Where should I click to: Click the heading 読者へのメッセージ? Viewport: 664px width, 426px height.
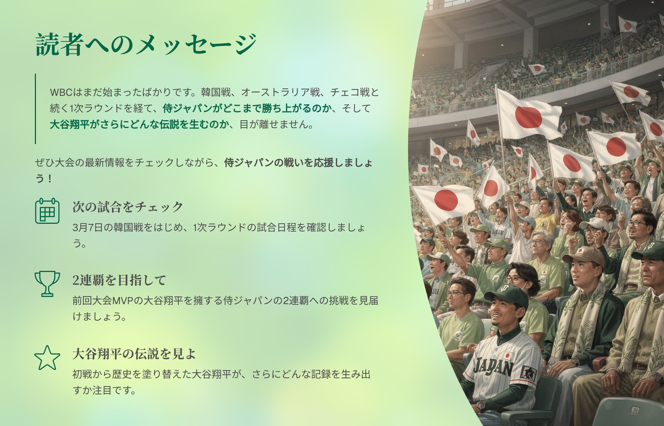pos(146,44)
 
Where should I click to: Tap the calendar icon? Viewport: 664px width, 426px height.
pos(48,211)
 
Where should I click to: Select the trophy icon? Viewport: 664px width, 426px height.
pos(48,284)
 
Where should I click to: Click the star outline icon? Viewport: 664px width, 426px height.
pos(48,358)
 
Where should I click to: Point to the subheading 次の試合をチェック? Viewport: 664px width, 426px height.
pos(128,207)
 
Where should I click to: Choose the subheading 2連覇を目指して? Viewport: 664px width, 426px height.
pos(119,280)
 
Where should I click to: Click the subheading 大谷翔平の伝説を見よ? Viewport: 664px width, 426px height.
pos(134,354)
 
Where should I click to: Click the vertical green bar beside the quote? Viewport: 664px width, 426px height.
pos(35,109)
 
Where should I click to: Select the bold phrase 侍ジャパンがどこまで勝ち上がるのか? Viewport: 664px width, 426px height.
pos(247,109)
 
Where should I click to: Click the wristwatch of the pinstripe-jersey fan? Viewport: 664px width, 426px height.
pos(480,406)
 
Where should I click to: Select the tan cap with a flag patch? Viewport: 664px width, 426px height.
pos(579,255)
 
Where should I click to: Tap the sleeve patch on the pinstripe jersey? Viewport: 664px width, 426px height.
pos(529,374)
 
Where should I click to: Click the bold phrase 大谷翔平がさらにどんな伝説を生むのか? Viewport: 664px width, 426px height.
pos(139,125)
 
